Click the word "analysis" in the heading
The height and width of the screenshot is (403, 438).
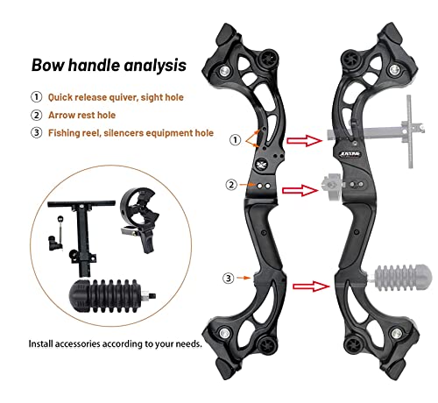coord(155,66)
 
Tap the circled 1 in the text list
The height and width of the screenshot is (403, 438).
coord(36,97)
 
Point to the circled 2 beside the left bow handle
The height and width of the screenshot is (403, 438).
coord(231,185)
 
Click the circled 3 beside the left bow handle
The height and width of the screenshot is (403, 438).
coord(229,278)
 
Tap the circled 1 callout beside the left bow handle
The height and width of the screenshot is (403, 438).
coord(235,140)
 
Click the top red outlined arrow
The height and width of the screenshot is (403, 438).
coord(304,140)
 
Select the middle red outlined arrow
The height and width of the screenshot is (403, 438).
coord(300,190)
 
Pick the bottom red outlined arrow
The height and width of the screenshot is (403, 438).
coord(311,286)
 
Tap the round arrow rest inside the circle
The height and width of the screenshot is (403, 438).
coord(139,216)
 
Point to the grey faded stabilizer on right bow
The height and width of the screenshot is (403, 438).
coord(399,278)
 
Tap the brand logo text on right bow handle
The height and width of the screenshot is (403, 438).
coord(350,154)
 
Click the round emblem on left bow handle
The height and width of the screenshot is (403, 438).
coord(260,165)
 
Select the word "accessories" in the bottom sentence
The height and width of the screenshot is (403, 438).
coord(77,343)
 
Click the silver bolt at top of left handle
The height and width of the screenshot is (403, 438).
coord(225,71)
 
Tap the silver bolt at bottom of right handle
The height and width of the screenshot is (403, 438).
coord(396,333)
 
